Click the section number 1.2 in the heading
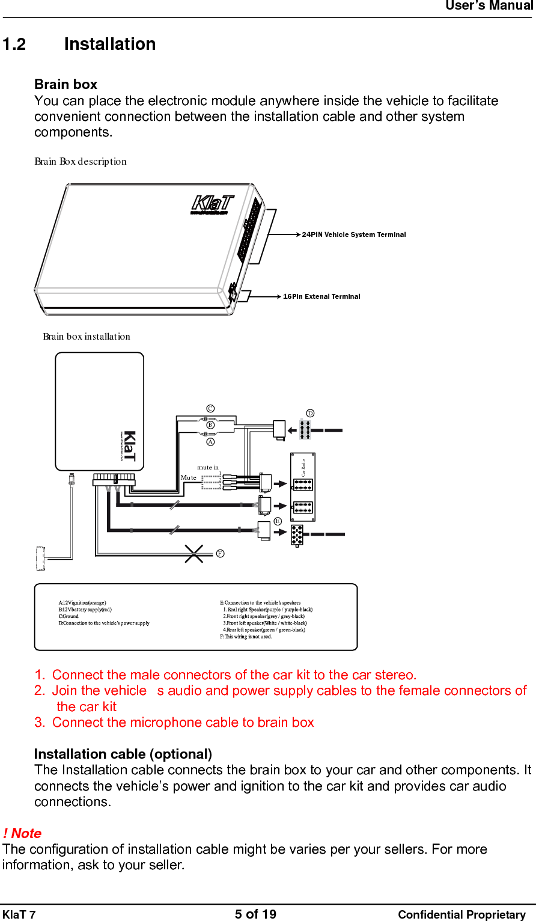[14, 44]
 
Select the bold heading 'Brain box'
[65, 84]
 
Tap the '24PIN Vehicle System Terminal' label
[353, 234]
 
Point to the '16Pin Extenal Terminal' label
[321, 296]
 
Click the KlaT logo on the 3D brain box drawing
[212, 204]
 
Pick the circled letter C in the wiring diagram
[210, 409]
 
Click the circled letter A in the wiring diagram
[210, 442]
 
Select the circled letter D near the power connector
[310, 414]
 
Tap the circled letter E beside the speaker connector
[278, 521]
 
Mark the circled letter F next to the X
[221, 553]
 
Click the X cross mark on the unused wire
[193, 554]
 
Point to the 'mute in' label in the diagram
[208, 467]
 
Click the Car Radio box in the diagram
[303, 487]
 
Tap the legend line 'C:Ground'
[69, 616]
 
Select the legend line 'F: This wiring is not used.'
[246, 637]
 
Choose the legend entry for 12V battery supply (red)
[85, 610]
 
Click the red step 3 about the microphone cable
[174, 723]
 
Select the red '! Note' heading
[22, 833]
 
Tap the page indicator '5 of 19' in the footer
[255, 914]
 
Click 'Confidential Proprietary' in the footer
[461, 914]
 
